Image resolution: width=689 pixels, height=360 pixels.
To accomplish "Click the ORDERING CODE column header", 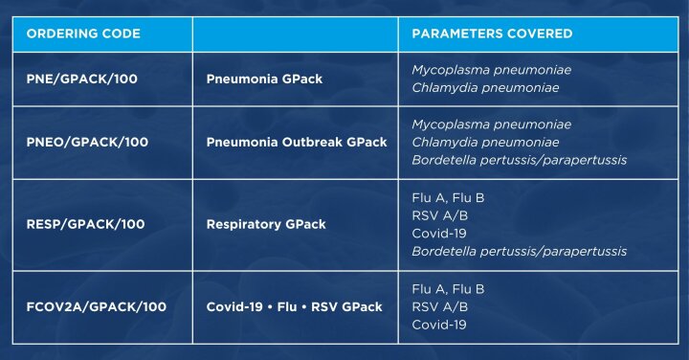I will (83, 34).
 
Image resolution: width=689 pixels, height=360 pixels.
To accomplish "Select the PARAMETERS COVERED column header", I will (492, 34).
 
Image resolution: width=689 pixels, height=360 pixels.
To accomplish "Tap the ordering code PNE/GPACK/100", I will (81, 79).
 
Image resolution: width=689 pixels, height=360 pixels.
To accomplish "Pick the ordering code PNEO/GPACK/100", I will (87, 142).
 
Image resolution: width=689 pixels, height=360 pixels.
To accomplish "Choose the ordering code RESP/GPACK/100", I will (85, 224).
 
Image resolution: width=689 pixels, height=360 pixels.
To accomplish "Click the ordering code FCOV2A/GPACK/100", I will (96, 306).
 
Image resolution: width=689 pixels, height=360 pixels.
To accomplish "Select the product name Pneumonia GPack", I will (263, 79).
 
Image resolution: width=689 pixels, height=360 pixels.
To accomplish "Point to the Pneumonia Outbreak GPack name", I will (297, 142).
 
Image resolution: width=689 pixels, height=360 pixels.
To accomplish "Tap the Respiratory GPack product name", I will (266, 224).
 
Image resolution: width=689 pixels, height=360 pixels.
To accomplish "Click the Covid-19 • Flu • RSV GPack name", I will (294, 306).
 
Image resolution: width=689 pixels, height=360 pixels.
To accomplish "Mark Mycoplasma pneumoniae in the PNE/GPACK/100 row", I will (491, 70).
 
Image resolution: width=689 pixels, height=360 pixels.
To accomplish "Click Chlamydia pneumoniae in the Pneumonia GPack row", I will (485, 88).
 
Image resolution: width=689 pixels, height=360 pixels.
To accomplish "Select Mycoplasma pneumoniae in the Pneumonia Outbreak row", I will (491, 124).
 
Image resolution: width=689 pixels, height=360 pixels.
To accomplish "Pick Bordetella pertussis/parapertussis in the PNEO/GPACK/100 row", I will (519, 160).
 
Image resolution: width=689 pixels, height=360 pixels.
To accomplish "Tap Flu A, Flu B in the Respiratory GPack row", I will (448, 197).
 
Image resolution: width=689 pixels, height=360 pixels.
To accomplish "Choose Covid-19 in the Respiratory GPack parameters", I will (439, 233).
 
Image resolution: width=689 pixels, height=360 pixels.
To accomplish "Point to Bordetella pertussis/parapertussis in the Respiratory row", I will (519, 251).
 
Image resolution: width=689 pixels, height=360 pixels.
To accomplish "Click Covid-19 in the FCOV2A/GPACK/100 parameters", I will (439, 325).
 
